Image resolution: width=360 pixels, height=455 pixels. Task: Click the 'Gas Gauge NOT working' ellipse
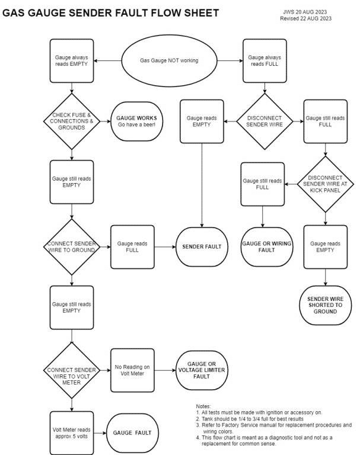(169, 60)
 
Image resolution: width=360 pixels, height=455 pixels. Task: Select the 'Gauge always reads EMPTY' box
(72, 61)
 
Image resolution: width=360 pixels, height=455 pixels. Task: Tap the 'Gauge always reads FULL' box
(265, 61)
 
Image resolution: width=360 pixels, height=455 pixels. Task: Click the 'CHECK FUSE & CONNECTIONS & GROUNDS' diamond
(72, 121)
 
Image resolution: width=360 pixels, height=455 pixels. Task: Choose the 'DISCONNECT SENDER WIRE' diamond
(265, 121)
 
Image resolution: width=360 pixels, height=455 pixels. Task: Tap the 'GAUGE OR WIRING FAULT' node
(264, 246)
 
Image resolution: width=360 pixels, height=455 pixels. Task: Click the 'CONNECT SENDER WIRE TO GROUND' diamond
(72, 246)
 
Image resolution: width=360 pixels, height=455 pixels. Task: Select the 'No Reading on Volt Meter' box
(133, 370)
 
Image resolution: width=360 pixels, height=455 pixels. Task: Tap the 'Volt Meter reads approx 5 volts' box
(72, 432)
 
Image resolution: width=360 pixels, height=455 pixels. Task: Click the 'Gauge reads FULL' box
(133, 246)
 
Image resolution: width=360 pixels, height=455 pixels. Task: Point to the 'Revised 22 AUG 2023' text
(305, 18)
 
